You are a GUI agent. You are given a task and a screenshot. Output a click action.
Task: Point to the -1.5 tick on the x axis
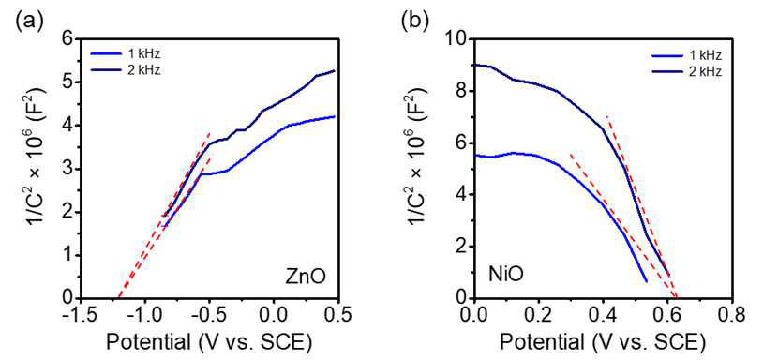(81, 314)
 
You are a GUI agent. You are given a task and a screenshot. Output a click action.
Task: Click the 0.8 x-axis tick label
(732, 314)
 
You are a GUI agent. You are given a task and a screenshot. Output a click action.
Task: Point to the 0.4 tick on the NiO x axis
(604, 314)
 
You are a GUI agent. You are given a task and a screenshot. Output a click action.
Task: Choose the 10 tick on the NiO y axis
(458, 38)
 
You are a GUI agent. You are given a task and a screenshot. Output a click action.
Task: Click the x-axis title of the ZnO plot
(209, 341)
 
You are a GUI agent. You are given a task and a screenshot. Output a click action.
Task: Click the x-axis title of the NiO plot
(602, 341)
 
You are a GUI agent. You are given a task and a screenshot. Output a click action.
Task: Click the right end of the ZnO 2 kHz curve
(336, 70)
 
